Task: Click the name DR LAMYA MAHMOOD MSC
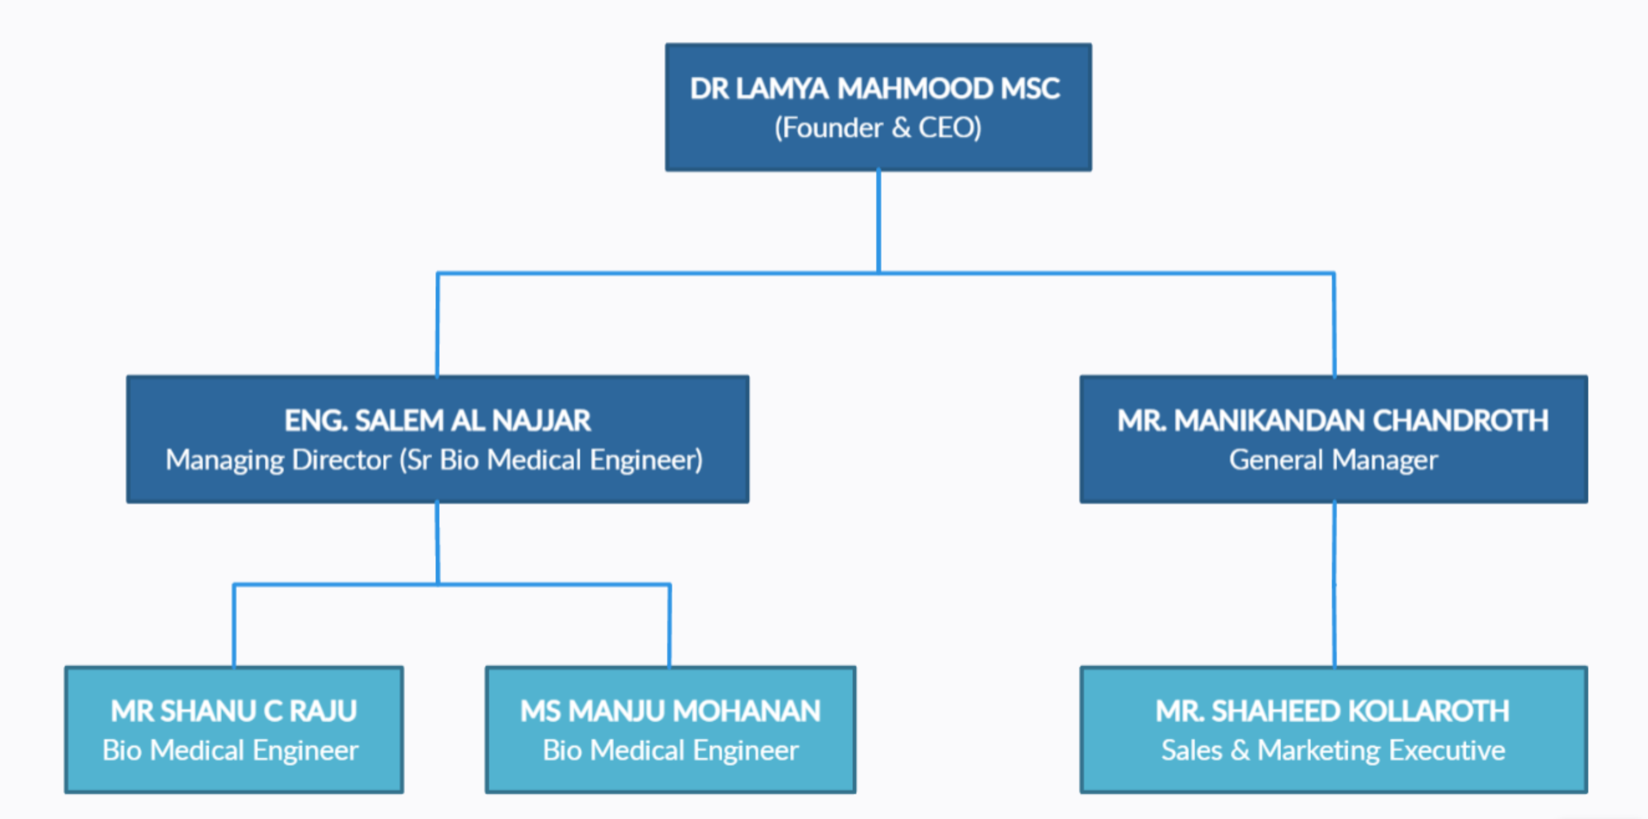(x=875, y=89)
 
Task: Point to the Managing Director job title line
(x=434, y=460)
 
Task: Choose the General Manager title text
(x=1333, y=460)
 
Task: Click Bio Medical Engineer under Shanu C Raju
(x=230, y=751)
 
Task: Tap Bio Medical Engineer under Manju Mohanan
(x=670, y=751)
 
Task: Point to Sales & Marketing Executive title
(x=1333, y=751)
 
